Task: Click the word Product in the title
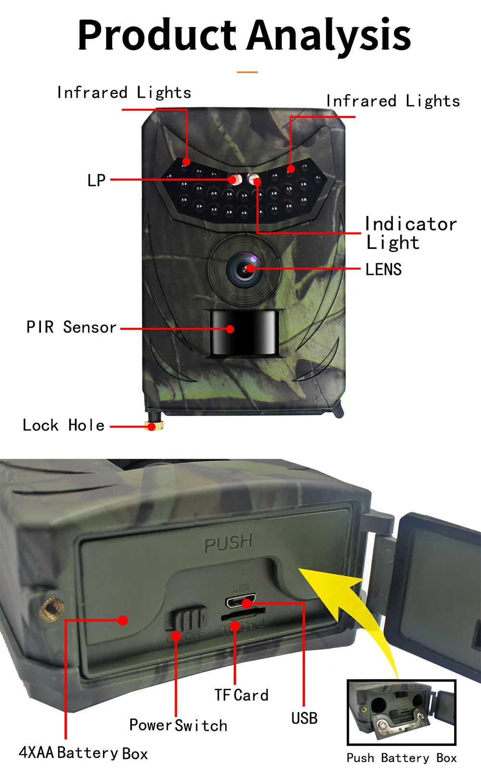pyautogui.click(x=157, y=36)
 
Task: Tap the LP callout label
pyautogui.click(x=96, y=181)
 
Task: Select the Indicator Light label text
pyautogui.click(x=410, y=233)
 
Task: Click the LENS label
pyautogui.click(x=383, y=270)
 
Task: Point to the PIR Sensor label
pyautogui.click(x=71, y=327)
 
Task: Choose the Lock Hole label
pyautogui.click(x=63, y=426)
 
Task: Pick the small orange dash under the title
pyautogui.click(x=247, y=72)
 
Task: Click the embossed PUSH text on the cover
pyautogui.click(x=228, y=543)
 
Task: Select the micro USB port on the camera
pyautogui.click(x=240, y=602)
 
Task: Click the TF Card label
pyautogui.click(x=241, y=695)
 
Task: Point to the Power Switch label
pyautogui.click(x=178, y=725)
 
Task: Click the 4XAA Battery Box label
pyautogui.click(x=83, y=753)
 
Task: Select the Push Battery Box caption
pyautogui.click(x=402, y=758)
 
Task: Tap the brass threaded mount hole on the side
pyautogui.click(x=51, y=609)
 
